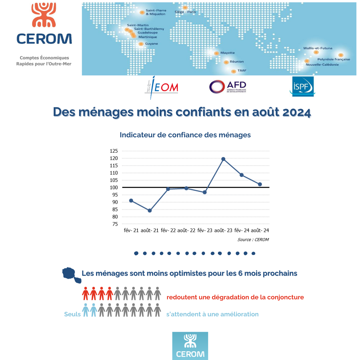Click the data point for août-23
tap(223, 159)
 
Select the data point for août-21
tap(150, 211)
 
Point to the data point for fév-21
tap(131, 201)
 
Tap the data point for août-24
tap(260, 184)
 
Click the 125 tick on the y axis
tap(114, 151)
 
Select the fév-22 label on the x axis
tap(168, 230)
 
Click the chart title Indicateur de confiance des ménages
tap(185, 135)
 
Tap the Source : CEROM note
tap(253, 240)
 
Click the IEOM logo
tap(162, 87)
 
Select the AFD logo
tap(228, 87)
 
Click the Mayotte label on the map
tap(227, 53)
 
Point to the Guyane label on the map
tap(151, 44)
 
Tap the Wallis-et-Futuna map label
tap(318, 48)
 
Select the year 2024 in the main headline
tap(297, 112)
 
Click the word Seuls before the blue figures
tap(72, 314)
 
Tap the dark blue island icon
tap(71, 275)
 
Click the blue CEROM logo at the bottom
tap(190, 346)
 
